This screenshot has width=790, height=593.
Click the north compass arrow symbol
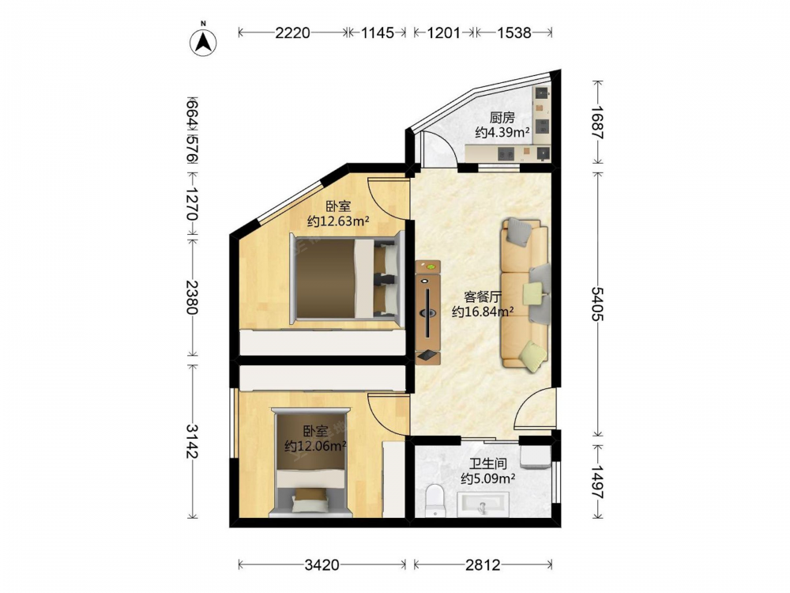pyautogui.click(x=203, y=42)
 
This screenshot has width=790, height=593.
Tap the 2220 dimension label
pyautogui.click(x=292, y=32)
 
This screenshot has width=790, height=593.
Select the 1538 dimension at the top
pyautogui.click(x=514, y=32)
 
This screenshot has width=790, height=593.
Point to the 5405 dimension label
pyautogui.click(x=597, y=304)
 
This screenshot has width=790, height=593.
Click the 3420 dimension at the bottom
pyautogui.click(x=322, y=565)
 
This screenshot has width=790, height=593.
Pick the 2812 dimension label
pyautogui.click(x=483, y=565)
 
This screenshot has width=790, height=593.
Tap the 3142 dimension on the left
pyautogui.click(x=192, y=441)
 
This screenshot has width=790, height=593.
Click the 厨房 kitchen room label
pyautogui.click(x=502, y=118)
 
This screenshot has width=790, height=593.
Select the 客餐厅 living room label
pyautogui.click(x=483, y=296)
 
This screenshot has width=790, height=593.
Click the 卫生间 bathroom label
pyautogui.click(x=487, y=463)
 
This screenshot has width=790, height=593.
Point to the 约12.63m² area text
pyautogui.click(x=339, y=221)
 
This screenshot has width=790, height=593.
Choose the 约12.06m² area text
pyautogui.click(x=315, y=446)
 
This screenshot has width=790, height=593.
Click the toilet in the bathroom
pyautogui.click(x=435, y=500)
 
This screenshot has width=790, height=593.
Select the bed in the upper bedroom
pyautogui.click(x=348, y=278)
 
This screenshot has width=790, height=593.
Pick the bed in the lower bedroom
pyautogui.click(x=310, y=463)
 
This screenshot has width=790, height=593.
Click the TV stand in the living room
pyautogui.click(x=427, y=312)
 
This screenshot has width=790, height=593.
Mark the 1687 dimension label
pyautogui.click(x=597, y=122)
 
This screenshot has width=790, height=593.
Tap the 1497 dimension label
pyautogui.click(x=597, y=482)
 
